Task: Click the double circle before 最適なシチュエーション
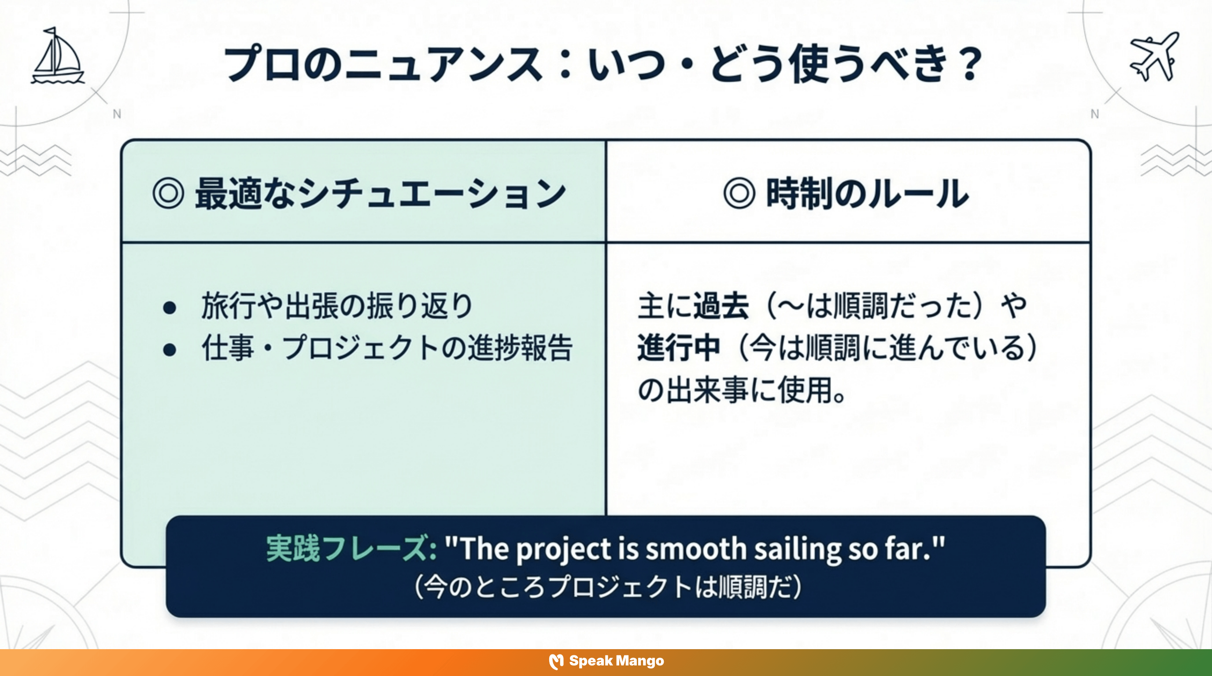[x=168, y=193]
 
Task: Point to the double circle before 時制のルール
[x=739, y=193]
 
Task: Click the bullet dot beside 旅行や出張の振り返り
[x=170, y=308]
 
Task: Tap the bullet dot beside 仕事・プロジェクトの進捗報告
[x=170, y=350]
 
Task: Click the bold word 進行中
[x=679, y=348]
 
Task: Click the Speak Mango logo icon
[x=556, y=661]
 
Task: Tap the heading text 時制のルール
[x=867, y=193]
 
